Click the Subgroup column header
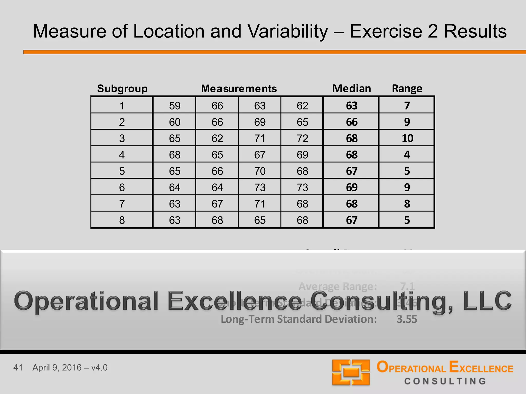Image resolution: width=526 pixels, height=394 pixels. (x=122, y=89)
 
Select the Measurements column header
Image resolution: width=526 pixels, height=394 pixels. (x=239, y=89)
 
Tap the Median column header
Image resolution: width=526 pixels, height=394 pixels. (x=351, y=89)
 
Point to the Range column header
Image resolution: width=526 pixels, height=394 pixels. (x=407, y=89)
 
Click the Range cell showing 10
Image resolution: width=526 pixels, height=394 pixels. (x=407, y=139)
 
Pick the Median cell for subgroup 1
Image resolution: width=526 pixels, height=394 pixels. (x=352, y=106)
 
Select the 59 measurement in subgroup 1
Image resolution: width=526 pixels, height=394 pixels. (x=175, y=106)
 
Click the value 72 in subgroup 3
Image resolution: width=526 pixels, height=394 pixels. (x=302, y=139)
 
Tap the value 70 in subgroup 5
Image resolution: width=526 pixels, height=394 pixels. (x=260, y=171)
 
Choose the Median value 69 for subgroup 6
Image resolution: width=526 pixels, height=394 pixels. (x=352, y=188)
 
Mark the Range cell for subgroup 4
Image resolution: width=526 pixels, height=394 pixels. (x=407, y=155)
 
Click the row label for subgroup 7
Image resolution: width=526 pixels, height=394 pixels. (x=122, y=204)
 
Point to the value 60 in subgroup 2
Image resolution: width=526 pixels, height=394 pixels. (x=175, y=122)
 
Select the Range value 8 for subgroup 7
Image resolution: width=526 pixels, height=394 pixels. (x=407, y=204)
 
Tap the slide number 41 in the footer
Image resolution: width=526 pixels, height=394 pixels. (x=18, y=368)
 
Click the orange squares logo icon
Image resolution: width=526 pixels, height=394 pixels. (x=351, y=372)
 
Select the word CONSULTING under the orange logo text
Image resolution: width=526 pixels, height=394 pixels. (x=445, y=381)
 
